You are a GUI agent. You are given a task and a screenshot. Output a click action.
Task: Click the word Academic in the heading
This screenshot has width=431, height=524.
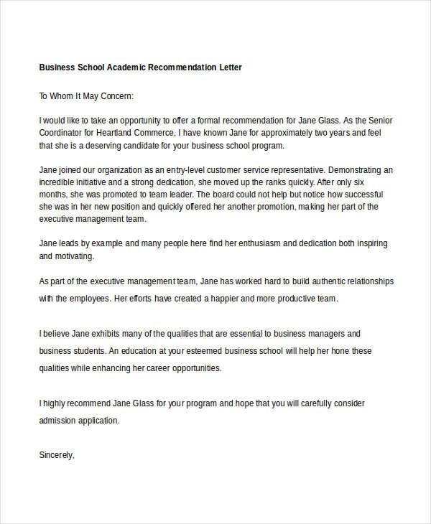(x=126, y=67)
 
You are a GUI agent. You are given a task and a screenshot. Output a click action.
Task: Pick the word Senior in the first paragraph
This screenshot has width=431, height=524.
(x=378, y=121)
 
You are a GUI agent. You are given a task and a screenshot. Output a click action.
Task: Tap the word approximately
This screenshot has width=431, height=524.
(x=270, y=133)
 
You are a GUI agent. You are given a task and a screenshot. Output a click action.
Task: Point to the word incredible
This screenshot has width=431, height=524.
(x=57, y=182)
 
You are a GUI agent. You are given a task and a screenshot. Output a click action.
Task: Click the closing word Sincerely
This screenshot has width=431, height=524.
(x=57, y=454)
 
